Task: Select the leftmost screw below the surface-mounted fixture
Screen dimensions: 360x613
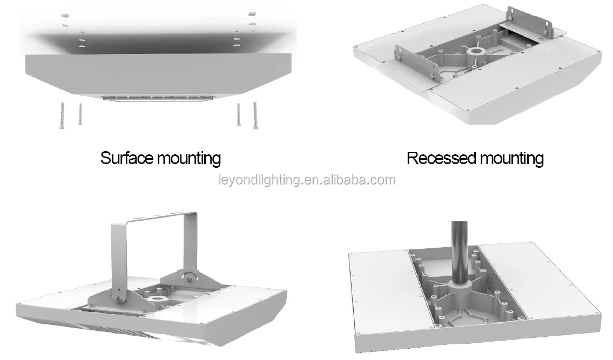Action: (62, 114)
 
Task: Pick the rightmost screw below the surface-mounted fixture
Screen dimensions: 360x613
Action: (254, 114)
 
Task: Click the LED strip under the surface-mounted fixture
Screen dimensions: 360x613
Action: (157, 98)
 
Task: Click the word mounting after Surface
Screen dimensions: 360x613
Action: (188, 158)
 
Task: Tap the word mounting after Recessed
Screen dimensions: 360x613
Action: (511, 158)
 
